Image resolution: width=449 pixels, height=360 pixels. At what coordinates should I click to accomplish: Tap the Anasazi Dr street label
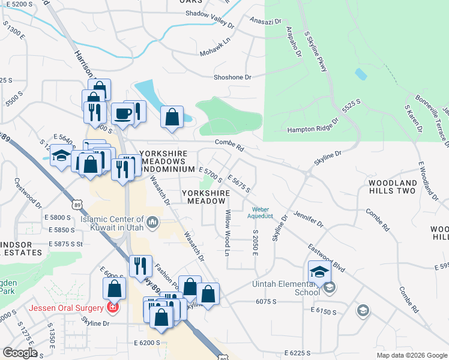click(x=265, y=22)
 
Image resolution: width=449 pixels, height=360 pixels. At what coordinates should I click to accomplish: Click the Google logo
click(x=19, y=352)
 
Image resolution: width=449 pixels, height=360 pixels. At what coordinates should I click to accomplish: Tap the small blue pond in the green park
click(x=360, y=74)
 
